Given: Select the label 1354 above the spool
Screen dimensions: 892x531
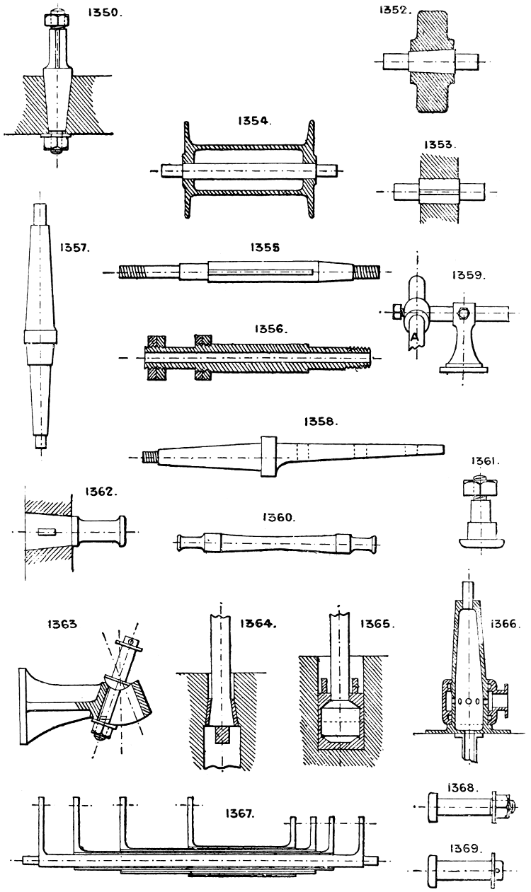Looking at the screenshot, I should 252,121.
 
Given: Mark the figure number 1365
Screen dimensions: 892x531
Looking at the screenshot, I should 377,625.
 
